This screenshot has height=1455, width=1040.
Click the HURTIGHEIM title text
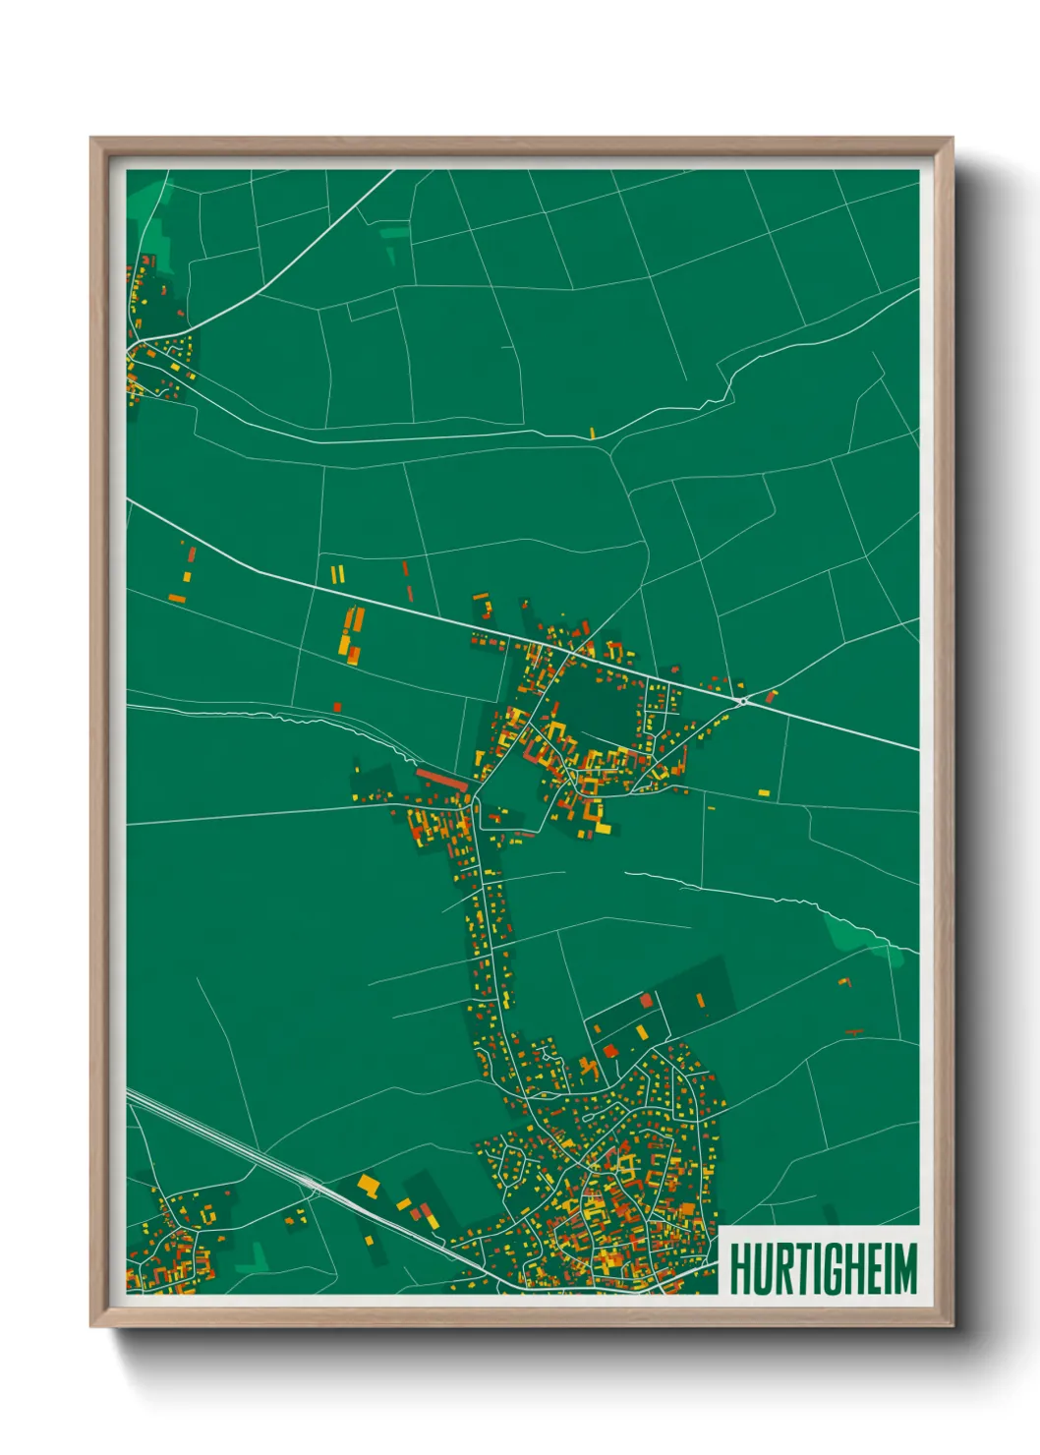(823, 1269)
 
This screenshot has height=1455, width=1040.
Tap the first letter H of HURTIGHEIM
(739, 1269)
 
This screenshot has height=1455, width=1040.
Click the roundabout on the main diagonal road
(744, 701)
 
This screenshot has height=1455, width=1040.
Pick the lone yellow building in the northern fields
(593, 432)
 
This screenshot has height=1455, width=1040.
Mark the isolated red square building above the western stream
(337, 706)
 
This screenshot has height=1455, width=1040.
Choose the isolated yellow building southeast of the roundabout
(764, 791)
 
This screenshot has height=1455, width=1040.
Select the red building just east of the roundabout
(771, 696)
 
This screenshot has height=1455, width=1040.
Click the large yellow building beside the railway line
(369, 1184)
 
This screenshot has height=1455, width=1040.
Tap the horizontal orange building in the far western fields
(177, 598)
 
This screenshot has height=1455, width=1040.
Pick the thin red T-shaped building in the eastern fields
(853, 1031)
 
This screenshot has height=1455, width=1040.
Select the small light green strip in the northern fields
(394, 233)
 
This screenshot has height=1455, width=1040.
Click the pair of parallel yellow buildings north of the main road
(337, 572)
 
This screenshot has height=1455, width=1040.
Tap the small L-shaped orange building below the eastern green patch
(844, 981)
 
